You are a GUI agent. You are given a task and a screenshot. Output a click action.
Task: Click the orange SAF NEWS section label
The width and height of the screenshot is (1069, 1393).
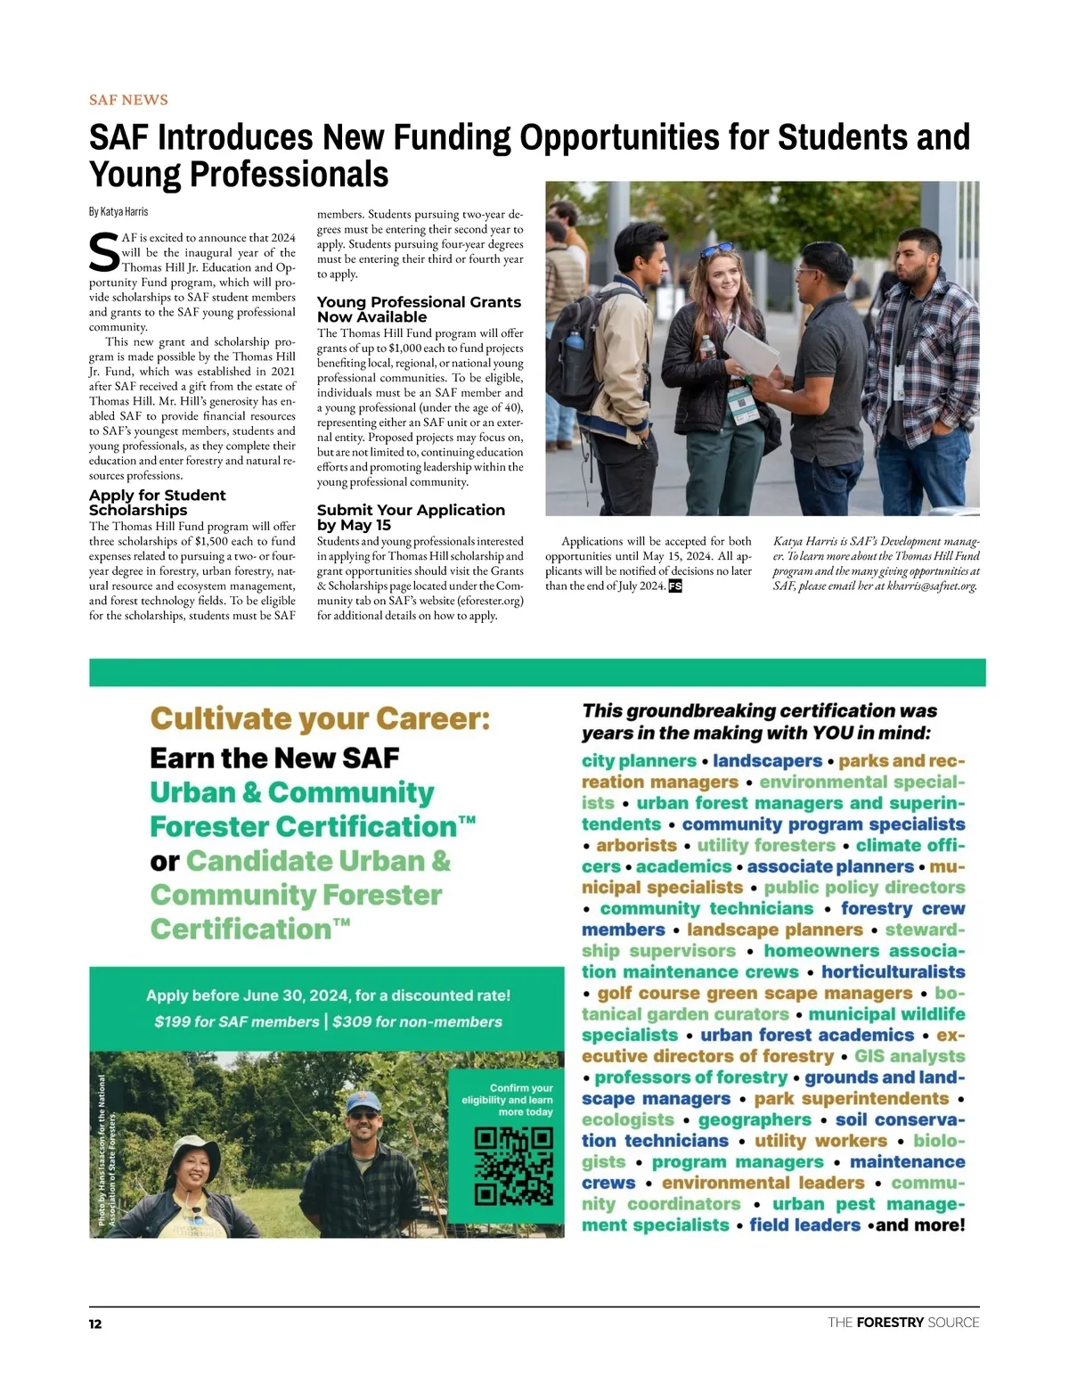[x=128, y=100]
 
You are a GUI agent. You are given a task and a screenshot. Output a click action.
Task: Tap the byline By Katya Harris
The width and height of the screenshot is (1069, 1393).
[x=118, y=212]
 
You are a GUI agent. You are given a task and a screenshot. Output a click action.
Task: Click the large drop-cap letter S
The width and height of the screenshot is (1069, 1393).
[x=104, y=253]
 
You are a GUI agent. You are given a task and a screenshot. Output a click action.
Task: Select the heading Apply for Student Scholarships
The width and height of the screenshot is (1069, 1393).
[x=157, y=503]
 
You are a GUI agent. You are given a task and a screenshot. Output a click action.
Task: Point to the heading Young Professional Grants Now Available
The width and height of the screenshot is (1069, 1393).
[x=419, y=309]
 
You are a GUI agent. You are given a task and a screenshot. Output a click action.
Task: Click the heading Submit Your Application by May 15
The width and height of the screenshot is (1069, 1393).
[x=411, y=517]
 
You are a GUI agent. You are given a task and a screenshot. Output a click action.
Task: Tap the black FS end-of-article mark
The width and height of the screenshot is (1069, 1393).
[x=675, y=586]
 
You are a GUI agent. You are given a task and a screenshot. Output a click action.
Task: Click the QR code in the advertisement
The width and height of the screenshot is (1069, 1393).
[x=513, y=1167]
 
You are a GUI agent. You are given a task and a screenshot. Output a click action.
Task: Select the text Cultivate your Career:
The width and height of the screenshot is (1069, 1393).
[x=320, y=718]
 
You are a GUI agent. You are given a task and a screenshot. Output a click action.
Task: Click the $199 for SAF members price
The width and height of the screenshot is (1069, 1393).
[x=236, y=1022]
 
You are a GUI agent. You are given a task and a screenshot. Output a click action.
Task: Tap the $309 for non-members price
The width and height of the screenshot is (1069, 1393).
[x=417, y=1022]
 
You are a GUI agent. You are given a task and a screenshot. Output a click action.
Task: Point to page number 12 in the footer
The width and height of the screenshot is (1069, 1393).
[x=95, y=1324]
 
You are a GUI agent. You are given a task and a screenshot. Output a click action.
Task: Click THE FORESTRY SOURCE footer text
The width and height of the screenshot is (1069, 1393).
[x=903, y=1323]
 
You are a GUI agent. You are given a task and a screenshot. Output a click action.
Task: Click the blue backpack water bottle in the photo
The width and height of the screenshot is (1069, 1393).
[x=575, y=340]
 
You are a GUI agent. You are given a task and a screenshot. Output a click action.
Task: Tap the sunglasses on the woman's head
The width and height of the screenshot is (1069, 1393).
[x=718, y=249]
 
